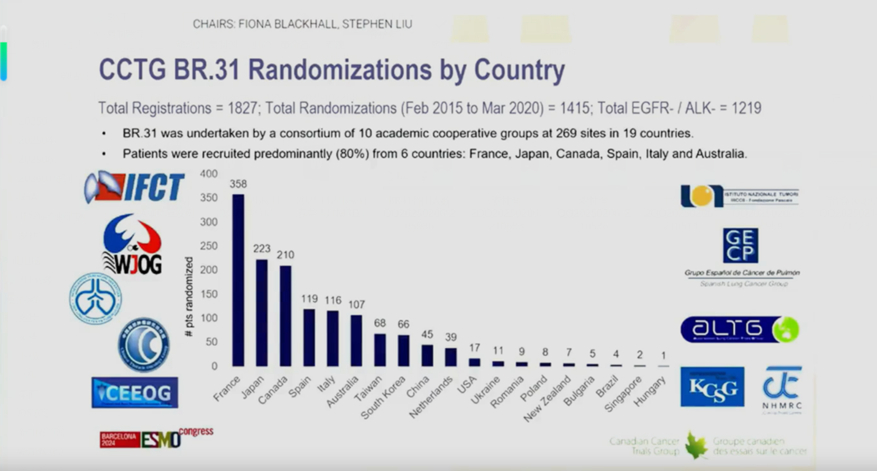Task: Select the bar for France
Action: coord(238,280)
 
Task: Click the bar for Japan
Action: coord(262,312)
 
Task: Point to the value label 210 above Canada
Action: coord(285,255)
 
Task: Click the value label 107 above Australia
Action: coord(357,304)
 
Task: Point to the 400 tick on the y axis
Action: coord(208,174)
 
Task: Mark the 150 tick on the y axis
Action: coord(208,294)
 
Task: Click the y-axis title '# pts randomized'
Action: coord(189,297)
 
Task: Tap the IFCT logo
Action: coord(135,187)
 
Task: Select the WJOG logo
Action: coord(132,244)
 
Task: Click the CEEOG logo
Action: coord(135,393)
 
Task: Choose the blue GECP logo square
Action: coord(740,246)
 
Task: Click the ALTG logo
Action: coord(740,329)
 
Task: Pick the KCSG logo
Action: coord(712,387)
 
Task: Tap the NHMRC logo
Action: coord(782,389)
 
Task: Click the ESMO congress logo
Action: coord(156,438)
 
